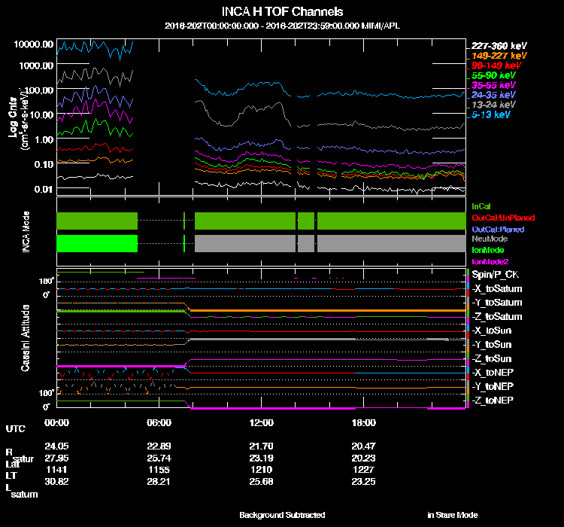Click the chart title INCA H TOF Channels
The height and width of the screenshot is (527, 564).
(282, 12)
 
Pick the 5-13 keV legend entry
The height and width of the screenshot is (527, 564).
(492, 114)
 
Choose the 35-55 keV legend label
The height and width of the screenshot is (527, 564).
(494, 85)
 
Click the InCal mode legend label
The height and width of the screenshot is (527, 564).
(481, 205)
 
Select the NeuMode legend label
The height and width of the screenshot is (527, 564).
(489, 239)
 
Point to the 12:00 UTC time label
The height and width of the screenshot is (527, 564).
(261, 422)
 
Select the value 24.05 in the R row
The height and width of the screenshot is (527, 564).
(56, 446)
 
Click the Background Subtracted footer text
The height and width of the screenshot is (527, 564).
(282, 515)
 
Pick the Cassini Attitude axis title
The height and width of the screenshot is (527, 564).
(26, 337)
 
